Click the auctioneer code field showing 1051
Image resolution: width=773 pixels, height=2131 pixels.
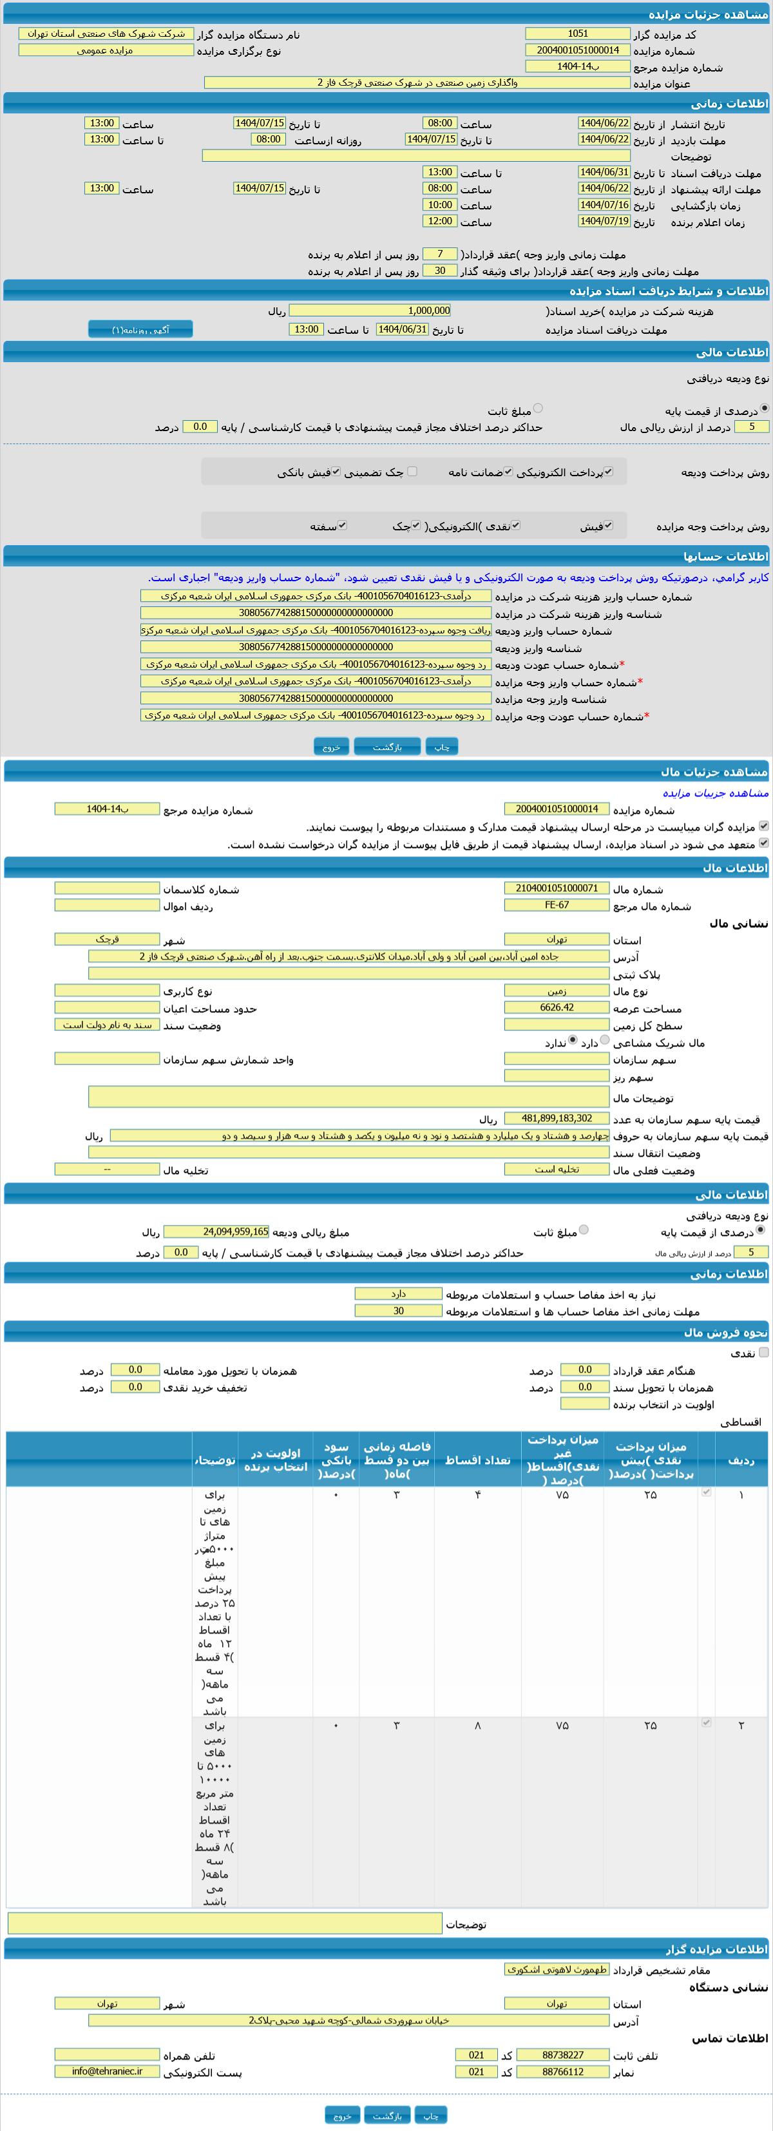click(577, 34)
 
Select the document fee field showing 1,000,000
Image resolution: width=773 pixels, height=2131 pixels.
click(370, 311)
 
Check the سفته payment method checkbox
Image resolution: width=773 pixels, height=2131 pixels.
click(342, 525)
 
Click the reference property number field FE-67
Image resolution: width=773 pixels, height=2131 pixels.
click(557, 905)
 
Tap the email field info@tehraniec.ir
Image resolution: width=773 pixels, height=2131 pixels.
click(107, 2070)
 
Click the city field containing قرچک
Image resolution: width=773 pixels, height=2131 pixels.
click(107, 939)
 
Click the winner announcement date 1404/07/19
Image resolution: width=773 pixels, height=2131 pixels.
click(604, 221)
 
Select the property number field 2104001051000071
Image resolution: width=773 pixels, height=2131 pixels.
click(557, 887)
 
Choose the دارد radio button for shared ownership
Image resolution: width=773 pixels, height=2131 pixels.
click(605, 1041)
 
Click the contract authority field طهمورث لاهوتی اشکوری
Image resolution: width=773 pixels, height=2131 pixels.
click(557, 1970)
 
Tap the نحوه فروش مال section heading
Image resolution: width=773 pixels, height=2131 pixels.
click(725, 1333)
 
